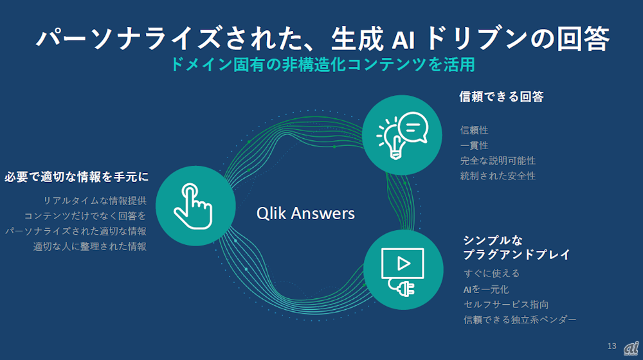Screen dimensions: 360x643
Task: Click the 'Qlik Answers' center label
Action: click(x=305, y=213)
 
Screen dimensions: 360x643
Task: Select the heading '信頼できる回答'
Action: click(x=502, y=97)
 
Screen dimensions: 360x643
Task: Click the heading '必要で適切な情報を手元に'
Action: click(x=77, y=176)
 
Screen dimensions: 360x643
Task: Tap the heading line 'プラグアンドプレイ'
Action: click(x=516, y=255)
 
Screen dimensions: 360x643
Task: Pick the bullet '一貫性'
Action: click(x=474, y=145)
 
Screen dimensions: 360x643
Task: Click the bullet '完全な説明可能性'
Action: click(x=498, y=160)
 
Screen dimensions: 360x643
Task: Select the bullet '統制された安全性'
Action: click(x=498, y=175)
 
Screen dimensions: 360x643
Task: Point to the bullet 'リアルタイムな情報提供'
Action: click(x=95, y=201)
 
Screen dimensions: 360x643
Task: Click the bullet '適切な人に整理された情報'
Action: click(x=89, y=246)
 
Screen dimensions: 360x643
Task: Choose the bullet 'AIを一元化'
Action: click(x=485, y=289)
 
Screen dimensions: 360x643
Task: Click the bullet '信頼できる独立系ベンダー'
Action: click(x=520, y=319)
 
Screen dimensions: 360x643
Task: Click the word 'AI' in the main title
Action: click(x=404, y=39)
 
